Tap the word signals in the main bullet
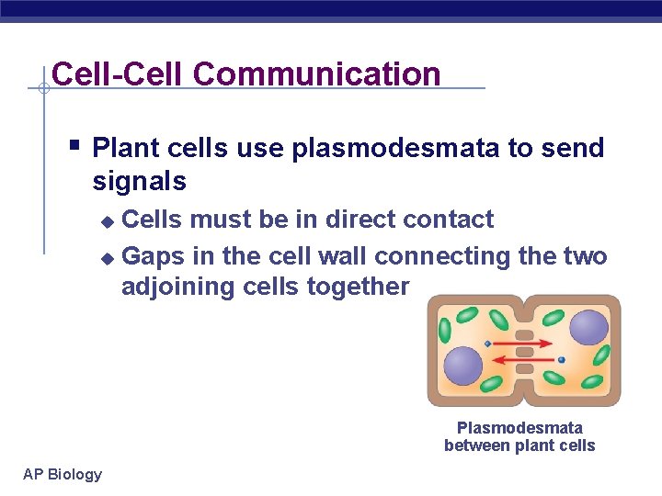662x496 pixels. pyautogui.click(x=139, y=182)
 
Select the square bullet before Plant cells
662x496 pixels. pyautogui.click(x=74, y=144)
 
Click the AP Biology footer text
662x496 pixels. pyautogui.click(x=63, y=474)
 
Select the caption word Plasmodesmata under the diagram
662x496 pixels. pyautogui.click(x=519, y=428)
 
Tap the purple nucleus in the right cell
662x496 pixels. pyautogui.click(x=588, y=328)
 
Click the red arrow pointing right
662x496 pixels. pyautogui.click(x=524, y=343)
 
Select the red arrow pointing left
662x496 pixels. pyautogui.click(x=524, y=359)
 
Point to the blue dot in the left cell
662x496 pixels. pyautogui.click(x=487, y=344)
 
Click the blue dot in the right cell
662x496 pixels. pyautogui.click(x=561, y=359)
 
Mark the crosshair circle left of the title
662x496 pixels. pyautogui.click(x=42, y=88)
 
